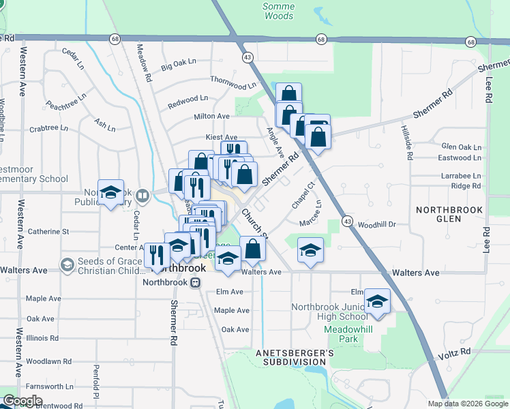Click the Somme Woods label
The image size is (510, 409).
coord(278,11)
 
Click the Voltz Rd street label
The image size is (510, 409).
coord(456,352)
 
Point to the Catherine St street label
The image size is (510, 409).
coord(48,232)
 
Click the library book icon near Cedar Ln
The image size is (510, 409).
coord(142,196)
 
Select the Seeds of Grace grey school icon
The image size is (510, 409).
coord(67,264)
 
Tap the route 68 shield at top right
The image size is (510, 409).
coord(471,42)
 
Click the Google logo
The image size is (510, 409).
coord(22,401)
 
